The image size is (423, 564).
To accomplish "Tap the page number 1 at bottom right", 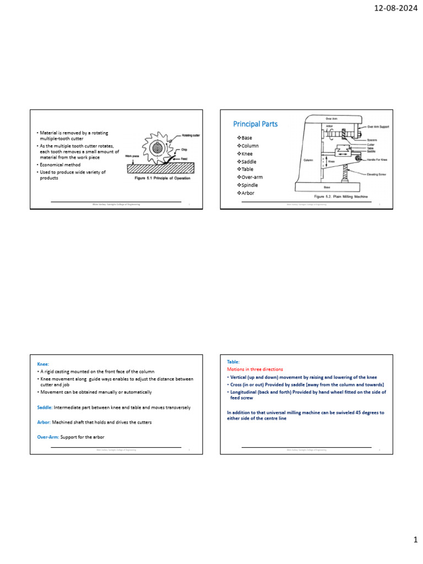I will click(x=416, y=540).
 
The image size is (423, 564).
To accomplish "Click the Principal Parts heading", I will click(x=256, y=124).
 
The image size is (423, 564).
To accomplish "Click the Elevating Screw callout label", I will click(x=379, y=174).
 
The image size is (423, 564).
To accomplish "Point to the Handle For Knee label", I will click(x=378, y=159).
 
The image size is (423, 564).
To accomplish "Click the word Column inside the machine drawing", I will click(x=309, y=160).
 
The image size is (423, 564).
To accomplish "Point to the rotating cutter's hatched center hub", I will click(x=158, y=148).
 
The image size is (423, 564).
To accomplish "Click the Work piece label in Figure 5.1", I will click(x=131, y=156).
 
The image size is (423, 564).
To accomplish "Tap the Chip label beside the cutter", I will click(x=185, y=150).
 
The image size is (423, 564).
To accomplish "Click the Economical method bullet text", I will click(x=61, y=165).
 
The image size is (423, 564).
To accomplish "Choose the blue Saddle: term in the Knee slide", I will click(x=44, y=408).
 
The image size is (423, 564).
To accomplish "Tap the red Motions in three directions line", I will click(x=255, y=369).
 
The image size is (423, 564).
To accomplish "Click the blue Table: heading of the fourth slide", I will click(x=234, y=362).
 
